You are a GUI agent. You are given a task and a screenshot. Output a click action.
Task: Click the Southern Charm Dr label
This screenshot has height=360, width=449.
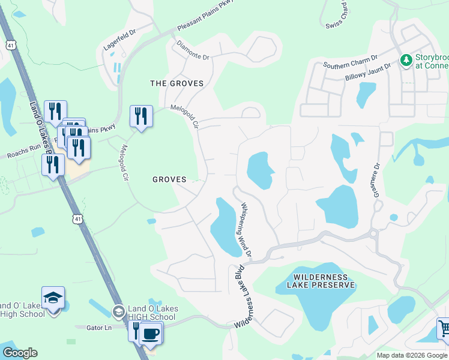[x=350, y=62]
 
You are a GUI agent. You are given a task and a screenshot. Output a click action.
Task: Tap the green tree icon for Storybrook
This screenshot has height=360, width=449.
[x=406, y=60]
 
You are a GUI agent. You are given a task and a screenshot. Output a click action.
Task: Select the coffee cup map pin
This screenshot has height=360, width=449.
[x=150, y=333]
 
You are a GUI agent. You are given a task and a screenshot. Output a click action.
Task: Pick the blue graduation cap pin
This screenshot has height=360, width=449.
[x=53, y=298]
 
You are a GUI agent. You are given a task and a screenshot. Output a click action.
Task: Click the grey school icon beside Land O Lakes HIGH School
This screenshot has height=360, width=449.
[x=118, y=311]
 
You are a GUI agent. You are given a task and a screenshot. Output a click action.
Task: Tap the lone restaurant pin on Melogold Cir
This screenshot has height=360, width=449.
[x=141, y=116]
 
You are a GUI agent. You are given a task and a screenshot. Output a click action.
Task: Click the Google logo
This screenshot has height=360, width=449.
[x=20, y=353]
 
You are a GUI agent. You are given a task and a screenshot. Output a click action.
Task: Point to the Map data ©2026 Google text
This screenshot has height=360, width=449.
[x=412, y=355]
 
